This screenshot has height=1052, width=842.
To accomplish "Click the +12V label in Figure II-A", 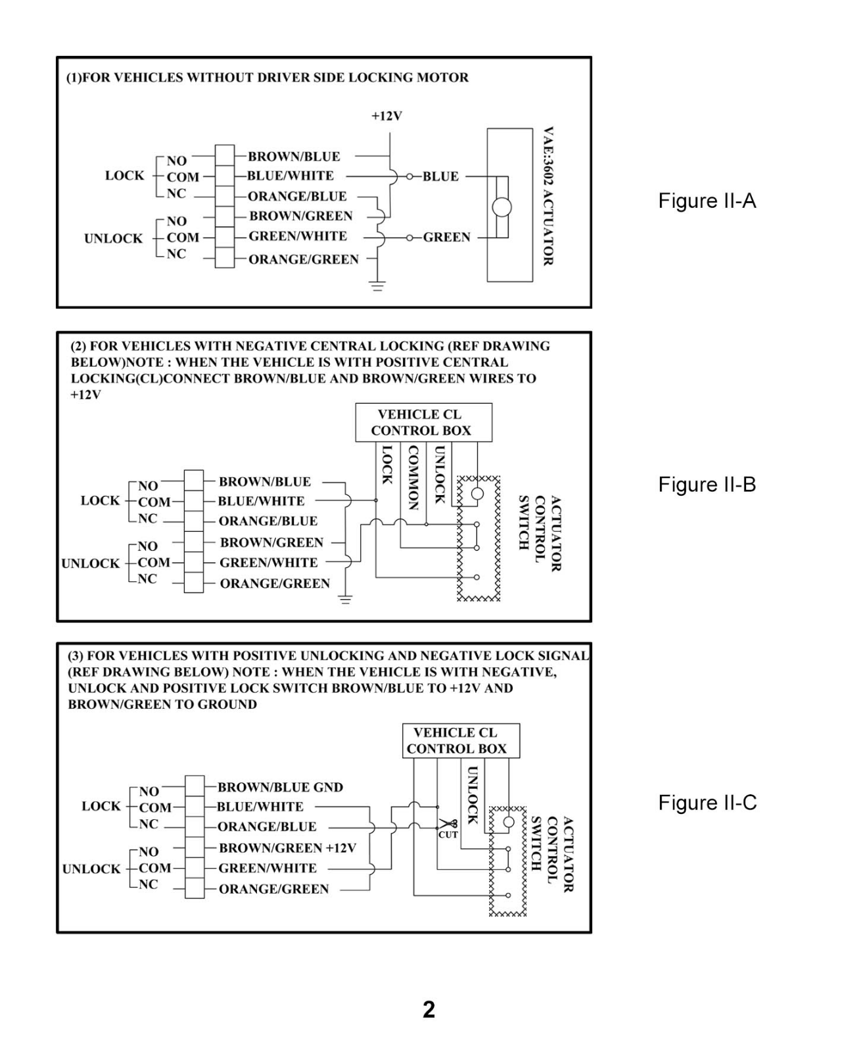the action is coord(386,116).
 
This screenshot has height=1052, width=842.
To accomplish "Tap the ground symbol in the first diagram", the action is coord(377,286).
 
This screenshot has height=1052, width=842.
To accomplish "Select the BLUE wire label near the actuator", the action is coord(440,176).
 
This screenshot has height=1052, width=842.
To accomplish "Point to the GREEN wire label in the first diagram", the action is coord(446,237).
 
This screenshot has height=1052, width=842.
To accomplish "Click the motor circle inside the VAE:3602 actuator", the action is coord(502,207).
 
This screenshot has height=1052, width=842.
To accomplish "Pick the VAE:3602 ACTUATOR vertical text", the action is coord(548,197).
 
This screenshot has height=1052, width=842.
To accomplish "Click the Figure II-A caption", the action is coord(707,201).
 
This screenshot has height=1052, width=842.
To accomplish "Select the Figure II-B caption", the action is coord(707,485).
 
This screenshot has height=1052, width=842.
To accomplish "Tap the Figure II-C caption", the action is coord(707,803).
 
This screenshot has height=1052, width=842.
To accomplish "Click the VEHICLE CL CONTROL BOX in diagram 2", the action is coord(423,422).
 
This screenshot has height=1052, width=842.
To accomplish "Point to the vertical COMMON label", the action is coord(413,477).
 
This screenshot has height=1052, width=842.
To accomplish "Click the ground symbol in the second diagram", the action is coord(345,600).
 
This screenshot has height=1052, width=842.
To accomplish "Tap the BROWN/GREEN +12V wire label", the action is coord(287,848).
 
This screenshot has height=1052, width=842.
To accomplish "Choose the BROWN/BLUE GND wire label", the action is coord(280,788).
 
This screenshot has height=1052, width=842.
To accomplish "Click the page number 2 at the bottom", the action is coord(429,1010).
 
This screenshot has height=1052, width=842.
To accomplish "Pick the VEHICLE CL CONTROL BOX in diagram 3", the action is coord(461,741).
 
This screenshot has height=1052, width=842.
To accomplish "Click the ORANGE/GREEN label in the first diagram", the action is coord(304,260).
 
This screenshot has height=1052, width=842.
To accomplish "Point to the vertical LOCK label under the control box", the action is coord(386,465).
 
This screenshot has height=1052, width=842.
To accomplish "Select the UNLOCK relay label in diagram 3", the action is coord(91,869).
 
